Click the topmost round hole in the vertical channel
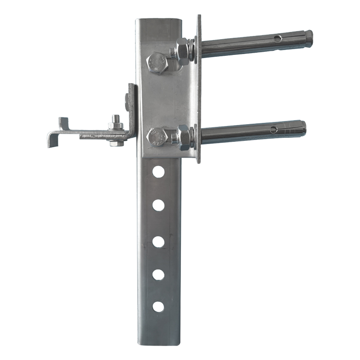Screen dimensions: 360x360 [158, 171]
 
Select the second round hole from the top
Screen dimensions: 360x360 [158, 205]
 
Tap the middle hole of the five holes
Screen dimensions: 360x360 [158, 241]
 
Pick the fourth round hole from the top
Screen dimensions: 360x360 [158, 274]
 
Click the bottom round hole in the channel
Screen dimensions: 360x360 [158, 307]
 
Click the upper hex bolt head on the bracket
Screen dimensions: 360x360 [157, 62]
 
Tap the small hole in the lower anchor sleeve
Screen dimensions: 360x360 [273, 130]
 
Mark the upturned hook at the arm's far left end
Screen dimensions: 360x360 [63, 122]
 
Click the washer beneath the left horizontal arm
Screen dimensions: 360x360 [115, 144]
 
